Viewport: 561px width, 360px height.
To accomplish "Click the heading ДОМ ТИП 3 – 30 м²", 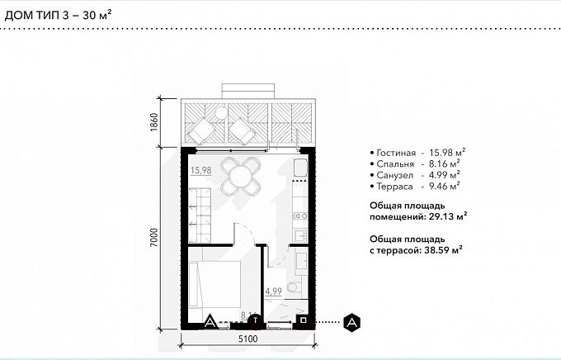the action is pyautogui.click(x=58, y=16).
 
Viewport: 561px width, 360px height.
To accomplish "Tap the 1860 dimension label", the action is pyautogui.click(x=153, y=122).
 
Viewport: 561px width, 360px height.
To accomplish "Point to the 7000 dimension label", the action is pyautogui.click(x=153, y=238).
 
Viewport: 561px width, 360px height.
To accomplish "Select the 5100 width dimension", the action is pyautogui.click(x=248, y=339).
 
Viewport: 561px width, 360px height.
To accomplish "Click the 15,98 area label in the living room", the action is pyautogui.click(x=200, y=170).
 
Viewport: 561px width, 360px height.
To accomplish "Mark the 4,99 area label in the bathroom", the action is pyautogui.click(x=273, y=291).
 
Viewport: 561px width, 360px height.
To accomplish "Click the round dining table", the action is pyautogui.click(x=240, y=176).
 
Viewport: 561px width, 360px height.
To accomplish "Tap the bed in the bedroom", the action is pyautogui.click(x=214, y=284).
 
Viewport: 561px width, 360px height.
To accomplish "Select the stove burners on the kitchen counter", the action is pyautogui.click(x=300, y=216).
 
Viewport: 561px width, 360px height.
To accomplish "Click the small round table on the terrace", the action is pyautogui.click(x=221, y=113).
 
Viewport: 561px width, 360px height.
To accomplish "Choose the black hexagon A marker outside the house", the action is pyautogui.click(x=351, y=322).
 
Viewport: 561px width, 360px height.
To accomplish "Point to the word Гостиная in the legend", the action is pyautogui.click(x=396, y=154).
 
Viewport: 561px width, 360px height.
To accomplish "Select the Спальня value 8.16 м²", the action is pyautogui.click(x=445, y=163).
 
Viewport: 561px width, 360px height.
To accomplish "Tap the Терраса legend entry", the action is pyautogui.click(x=415, y=187).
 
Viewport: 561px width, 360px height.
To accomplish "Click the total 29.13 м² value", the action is pyautogui.click(x=448, y=216).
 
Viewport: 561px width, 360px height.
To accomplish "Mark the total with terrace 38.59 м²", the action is pyautogui.click(x=443, y=250).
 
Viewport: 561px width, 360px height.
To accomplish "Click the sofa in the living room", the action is pyautogui.click(x=200, y=216).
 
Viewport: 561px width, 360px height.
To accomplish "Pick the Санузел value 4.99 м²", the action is pyautogui.click(x=445, y=175).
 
